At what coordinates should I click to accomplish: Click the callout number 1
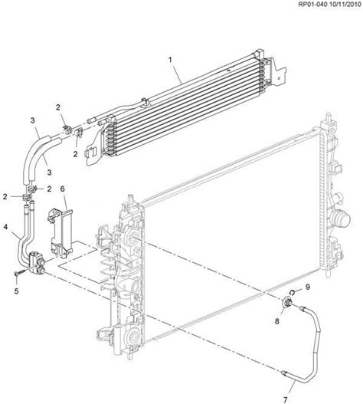[x=170, y=60]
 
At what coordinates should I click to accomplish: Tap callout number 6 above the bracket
[x=62, y=189]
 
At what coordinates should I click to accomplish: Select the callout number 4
[x=5, y=227]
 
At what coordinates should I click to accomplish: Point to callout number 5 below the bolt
[x=17, y=291]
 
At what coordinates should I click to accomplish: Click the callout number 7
[x=285, y=400]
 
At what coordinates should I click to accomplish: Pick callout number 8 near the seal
[x=277, y=321]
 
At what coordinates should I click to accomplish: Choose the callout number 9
[x=308, y=287]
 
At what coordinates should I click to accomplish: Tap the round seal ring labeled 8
[x=286, y=302]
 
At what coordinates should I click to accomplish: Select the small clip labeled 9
[x=292, y=292]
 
